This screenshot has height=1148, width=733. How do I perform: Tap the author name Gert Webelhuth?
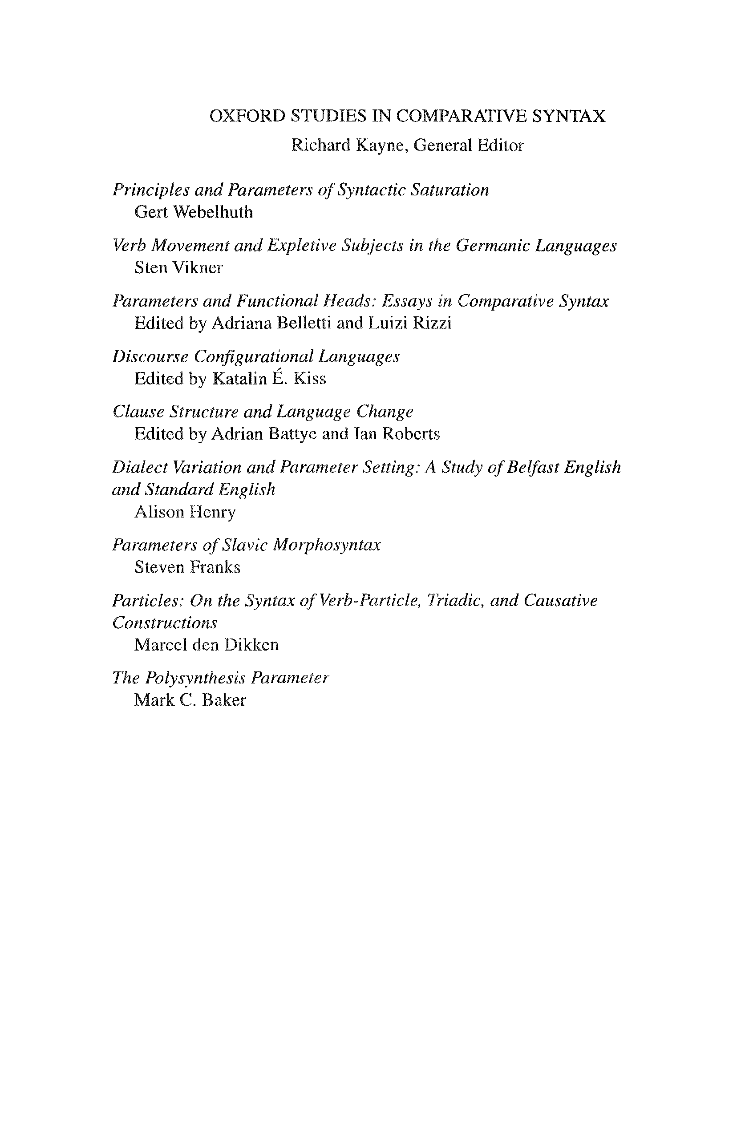193,212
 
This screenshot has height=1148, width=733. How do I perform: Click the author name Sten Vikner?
178,267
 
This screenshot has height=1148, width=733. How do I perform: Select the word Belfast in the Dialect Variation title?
532,467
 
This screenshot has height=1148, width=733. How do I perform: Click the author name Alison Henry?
185,512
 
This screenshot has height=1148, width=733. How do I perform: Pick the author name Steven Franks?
187,567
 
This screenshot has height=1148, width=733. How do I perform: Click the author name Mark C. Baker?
190,700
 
